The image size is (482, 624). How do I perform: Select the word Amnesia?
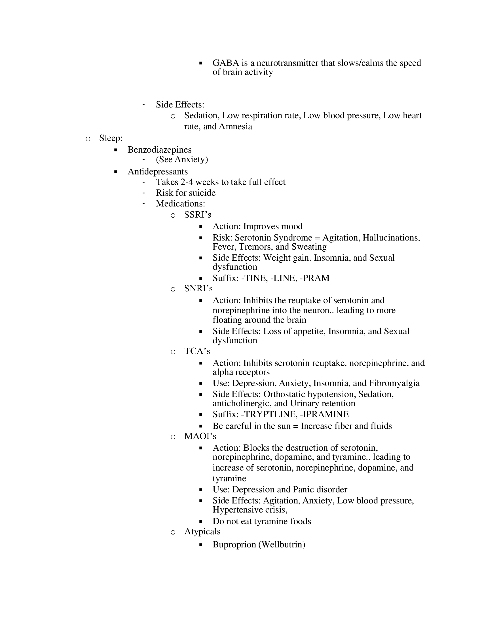235,126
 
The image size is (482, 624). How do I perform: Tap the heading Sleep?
111,138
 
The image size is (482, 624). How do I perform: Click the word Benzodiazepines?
159,150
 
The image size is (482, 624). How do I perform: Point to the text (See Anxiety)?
182,159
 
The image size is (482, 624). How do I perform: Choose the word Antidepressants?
158,171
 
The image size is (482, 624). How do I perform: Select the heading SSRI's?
198,215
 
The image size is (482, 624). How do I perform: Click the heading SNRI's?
198,288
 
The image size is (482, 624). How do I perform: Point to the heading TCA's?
197,351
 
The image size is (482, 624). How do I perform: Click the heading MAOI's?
200,436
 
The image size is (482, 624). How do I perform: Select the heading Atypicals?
202,532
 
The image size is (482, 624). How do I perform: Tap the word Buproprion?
234,545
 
